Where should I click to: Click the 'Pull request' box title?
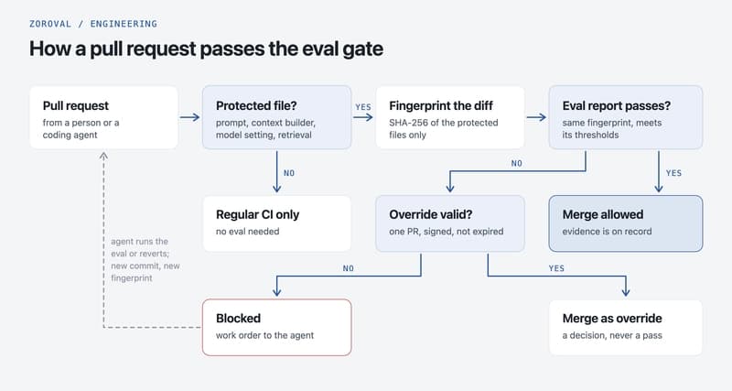click(x=76, y=106)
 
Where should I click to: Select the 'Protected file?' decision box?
click(x=277, y=117)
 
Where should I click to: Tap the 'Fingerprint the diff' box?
click(x=450, y=117)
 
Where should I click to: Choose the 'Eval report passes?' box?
click(x=626, y=117)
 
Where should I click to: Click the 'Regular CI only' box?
click(x=277, y=223)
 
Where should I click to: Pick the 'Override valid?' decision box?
click(x=450, y=223)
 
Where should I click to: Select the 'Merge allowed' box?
click(x=626, y=223)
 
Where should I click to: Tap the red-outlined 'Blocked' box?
click(x=277, y=327)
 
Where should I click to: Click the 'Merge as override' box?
click(x=626, y=327)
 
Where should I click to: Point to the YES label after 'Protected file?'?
click(x=363, y=107)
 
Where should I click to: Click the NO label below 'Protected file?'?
click(x=289, y=173)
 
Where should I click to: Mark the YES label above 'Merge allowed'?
click(x=673, y=173)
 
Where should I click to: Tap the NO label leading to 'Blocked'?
click(x=349, y=268)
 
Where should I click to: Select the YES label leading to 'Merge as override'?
click(x=556, y=268)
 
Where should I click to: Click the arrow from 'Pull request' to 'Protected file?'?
click(x=189, y=117)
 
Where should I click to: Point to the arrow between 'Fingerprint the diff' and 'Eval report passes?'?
click(x=536, y=117)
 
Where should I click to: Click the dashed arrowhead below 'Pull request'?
click(x=103, y=156)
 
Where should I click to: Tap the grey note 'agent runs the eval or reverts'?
click(x=140, y=247)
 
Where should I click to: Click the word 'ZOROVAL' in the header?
click(x=50, y=24)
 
